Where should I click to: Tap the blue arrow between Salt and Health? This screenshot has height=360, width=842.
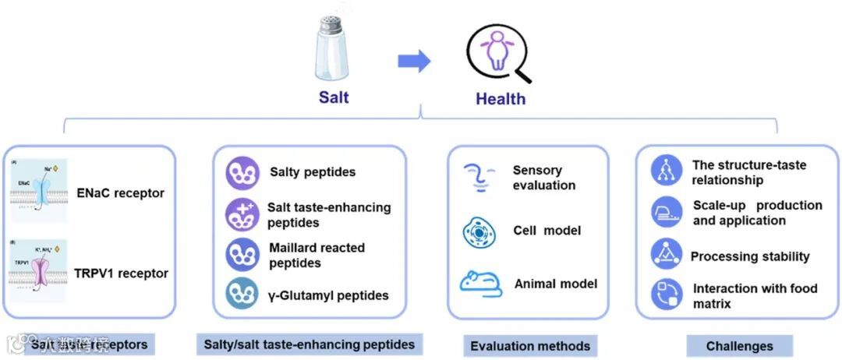coord(414,61)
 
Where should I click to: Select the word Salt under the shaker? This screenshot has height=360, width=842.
coord(334,97)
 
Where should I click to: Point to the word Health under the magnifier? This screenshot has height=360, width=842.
coord(501,99)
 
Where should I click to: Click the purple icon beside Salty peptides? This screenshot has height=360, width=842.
coord(242,172)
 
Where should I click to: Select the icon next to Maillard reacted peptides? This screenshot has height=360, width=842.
coord(242,255)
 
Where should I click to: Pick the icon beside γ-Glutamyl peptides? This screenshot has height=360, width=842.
coord(242,294)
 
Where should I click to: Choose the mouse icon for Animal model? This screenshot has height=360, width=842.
coord(480,284)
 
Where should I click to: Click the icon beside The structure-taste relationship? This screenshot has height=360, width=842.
coord(667,171)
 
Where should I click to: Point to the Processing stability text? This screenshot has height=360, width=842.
coord(750,256)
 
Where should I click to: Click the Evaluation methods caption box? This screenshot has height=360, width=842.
coord(530,346)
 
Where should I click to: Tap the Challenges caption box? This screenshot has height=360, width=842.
coord(739,346)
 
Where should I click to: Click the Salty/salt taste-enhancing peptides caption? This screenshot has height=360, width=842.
coord(309,344)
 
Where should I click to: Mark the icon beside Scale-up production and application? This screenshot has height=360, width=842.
coord(667,212)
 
